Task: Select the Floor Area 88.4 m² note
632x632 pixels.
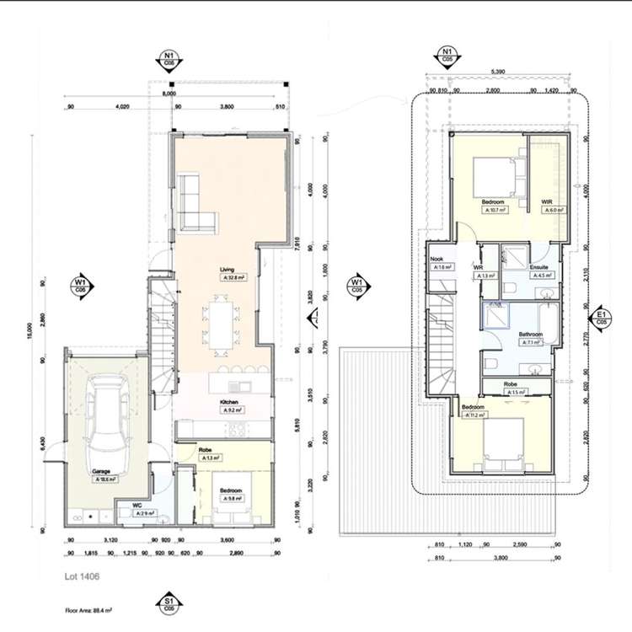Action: tap(88, 608)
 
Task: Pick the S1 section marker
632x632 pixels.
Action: tap(169, 603)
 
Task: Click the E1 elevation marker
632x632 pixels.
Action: tap(601, 316)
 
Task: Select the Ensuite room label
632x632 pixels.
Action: tap(539, 267)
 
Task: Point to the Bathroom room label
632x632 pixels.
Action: tap(530, 335)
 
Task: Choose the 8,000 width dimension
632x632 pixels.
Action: tap(169, 94)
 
